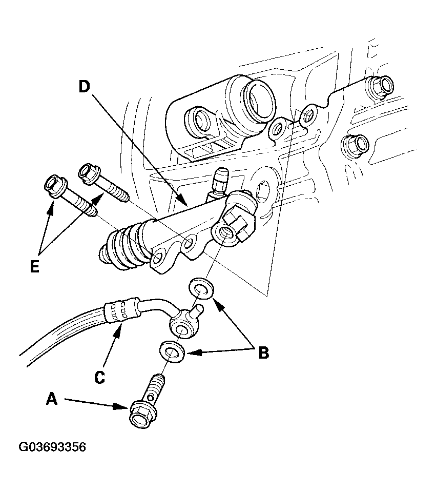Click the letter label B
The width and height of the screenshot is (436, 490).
click(263, 353)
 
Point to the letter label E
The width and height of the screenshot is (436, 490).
click(34, 267)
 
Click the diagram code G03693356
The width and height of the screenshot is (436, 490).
click(52, 447)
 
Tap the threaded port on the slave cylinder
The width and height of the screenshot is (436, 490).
click(226, 233)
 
